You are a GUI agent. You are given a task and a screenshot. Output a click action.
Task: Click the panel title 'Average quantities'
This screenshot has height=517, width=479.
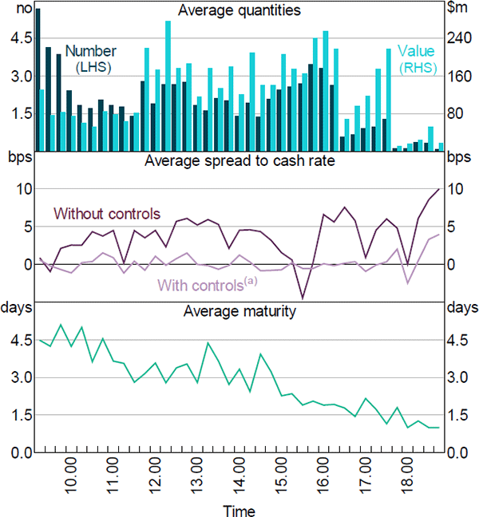click(x=239, y=10)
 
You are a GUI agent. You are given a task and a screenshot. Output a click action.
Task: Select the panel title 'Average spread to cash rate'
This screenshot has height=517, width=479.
click(x=239, y=160)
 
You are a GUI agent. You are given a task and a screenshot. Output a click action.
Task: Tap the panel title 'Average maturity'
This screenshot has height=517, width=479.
click(x=239, y=310)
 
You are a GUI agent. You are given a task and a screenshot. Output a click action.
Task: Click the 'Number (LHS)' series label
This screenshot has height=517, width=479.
click(x=90, y=58)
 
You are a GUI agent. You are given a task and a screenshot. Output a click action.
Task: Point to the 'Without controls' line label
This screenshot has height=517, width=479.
click(x=107, y=214)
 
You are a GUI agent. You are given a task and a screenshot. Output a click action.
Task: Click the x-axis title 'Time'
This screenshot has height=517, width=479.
click(x=239, y=509)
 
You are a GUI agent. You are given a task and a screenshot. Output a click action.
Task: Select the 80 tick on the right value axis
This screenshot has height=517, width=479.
click(x=455, y=113)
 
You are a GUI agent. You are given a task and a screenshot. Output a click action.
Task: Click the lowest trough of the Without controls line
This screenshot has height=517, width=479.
click(x=303, y=298)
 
